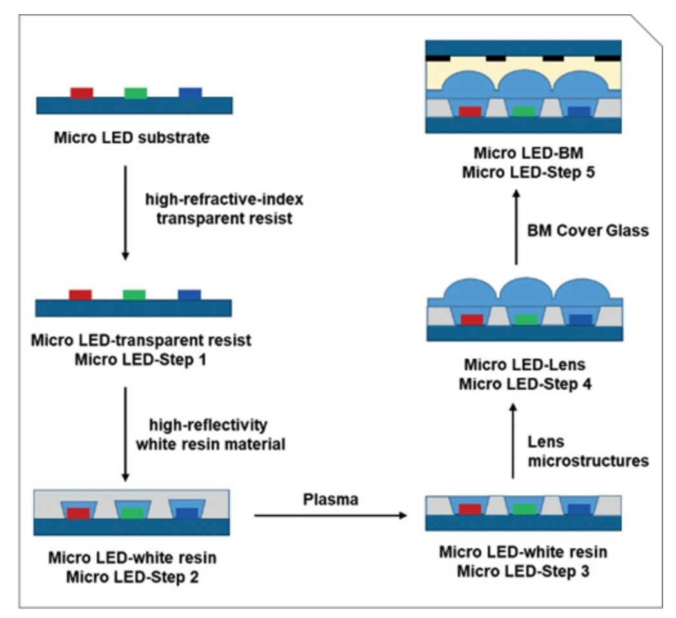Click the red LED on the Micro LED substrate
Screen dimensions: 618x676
pos(82,92)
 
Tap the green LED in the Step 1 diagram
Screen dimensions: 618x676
pos(134,295)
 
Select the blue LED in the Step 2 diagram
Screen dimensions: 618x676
pos(187,513)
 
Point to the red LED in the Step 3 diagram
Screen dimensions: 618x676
pos(470,510)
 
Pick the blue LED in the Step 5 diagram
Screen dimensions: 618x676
pos(579,112)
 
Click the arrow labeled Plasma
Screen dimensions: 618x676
pos(332,515)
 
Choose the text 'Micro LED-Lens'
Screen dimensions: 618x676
pos(522,365)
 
